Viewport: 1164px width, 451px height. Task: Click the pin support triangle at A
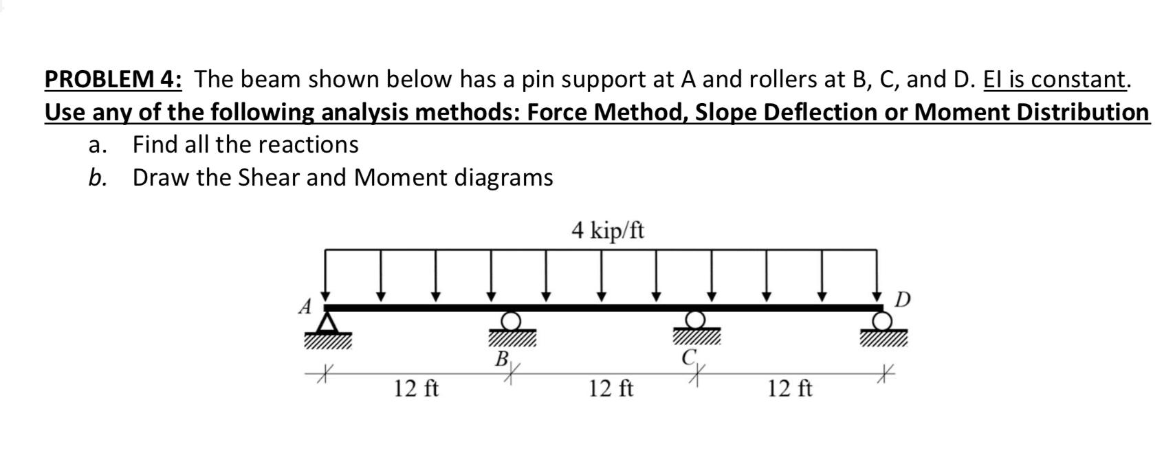point(329,323)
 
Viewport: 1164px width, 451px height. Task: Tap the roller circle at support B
point(511,320)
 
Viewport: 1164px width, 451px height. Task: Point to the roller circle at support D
point(881,320)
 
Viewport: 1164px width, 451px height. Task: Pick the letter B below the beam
point(503,358)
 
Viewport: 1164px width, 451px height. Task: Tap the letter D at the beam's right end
point(903,300)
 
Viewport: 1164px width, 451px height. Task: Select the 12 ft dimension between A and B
point(417,389)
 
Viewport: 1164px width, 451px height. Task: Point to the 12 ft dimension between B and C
point(611,389)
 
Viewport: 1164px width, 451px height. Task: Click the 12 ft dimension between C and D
point(789,389)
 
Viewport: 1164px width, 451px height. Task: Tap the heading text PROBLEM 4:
point(113,80)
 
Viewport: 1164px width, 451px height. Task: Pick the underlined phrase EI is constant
point(1055,80)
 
